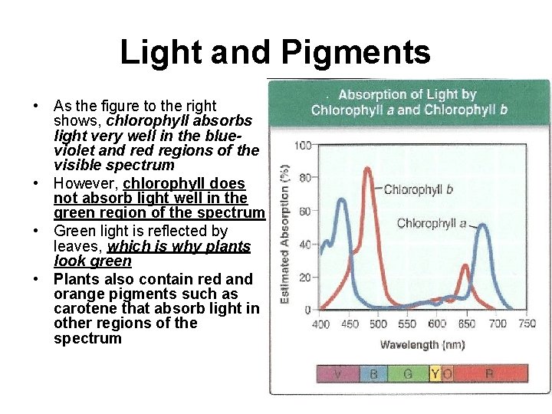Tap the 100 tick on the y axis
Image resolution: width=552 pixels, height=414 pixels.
[x=304, y=145]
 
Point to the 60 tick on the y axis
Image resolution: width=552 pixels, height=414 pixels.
[x=305, y=211]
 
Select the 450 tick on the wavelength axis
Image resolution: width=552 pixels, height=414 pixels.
[x=350, y=324]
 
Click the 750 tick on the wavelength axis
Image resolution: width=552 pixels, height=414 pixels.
[x=527, y=324]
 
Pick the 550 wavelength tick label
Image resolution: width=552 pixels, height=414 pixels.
[x=407, y=324]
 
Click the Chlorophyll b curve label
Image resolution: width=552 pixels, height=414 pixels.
[x=418, y=189]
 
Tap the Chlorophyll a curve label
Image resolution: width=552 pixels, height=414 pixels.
[x=432, y=224]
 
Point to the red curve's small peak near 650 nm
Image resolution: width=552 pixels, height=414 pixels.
[x=465, y=267]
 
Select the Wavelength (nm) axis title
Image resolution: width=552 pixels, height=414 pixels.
[x=422, y=344]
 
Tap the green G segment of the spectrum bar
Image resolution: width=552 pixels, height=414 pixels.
[x=408, y=374]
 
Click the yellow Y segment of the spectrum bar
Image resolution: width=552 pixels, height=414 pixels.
[x=435, y=374]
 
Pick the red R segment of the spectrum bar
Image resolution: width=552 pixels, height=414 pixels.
[x=489, y=374]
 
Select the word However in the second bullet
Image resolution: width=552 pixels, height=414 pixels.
[x=84, y=184]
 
